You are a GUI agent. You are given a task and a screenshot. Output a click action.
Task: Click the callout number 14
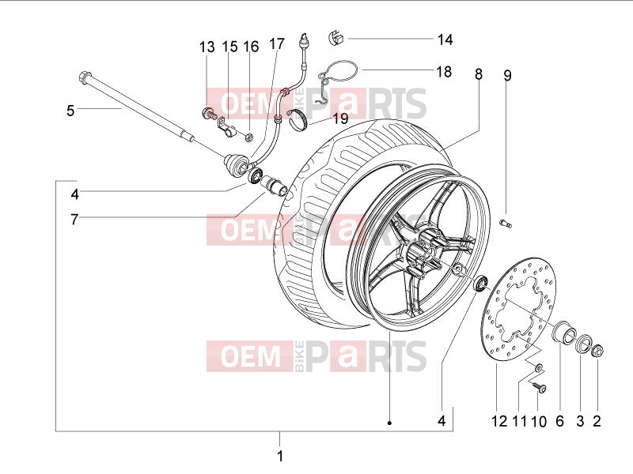pos(445,39)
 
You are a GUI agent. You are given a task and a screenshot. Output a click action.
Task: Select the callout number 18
pos(444,71)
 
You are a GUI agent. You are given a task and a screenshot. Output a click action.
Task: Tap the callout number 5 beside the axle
pos(70,111)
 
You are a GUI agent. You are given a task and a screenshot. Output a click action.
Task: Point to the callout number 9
pos(507,75)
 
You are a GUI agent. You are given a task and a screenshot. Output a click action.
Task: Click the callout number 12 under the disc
pos(499,421)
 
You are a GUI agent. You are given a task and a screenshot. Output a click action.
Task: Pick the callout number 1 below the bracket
pos(280,457)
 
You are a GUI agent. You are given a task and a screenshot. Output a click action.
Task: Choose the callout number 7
pos(74,220)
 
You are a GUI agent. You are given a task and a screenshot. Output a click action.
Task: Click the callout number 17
pos(276,44)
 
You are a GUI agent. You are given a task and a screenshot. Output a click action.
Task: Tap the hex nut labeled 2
pos(597,351)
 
